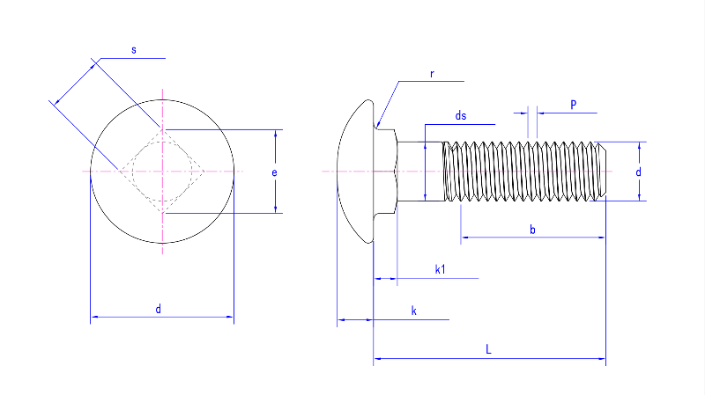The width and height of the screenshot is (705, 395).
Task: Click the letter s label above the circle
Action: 134,51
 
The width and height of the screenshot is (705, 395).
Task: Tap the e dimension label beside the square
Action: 274,173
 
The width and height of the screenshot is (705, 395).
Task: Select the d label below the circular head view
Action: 159,309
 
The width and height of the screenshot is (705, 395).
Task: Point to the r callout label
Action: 432,74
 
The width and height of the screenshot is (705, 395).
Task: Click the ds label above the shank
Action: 460,116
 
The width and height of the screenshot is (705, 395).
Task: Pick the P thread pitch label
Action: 573,105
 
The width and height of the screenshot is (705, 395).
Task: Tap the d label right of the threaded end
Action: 638,172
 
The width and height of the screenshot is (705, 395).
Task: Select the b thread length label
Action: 532,230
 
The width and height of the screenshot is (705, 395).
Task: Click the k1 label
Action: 440,270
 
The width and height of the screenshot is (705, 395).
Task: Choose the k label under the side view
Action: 413,311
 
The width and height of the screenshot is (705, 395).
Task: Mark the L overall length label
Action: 489,350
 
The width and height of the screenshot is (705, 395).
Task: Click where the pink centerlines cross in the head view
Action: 163,170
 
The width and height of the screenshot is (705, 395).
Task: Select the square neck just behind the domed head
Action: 385,170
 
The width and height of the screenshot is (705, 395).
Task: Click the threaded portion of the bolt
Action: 529,171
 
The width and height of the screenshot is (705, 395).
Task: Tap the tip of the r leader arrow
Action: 377,128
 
